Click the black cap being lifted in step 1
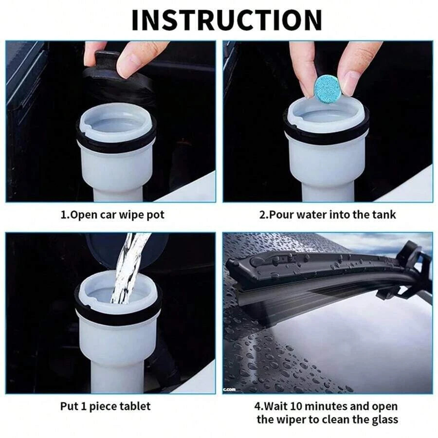point(117,83)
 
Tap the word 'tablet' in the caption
point(132,406)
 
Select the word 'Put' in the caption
point(69,406)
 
